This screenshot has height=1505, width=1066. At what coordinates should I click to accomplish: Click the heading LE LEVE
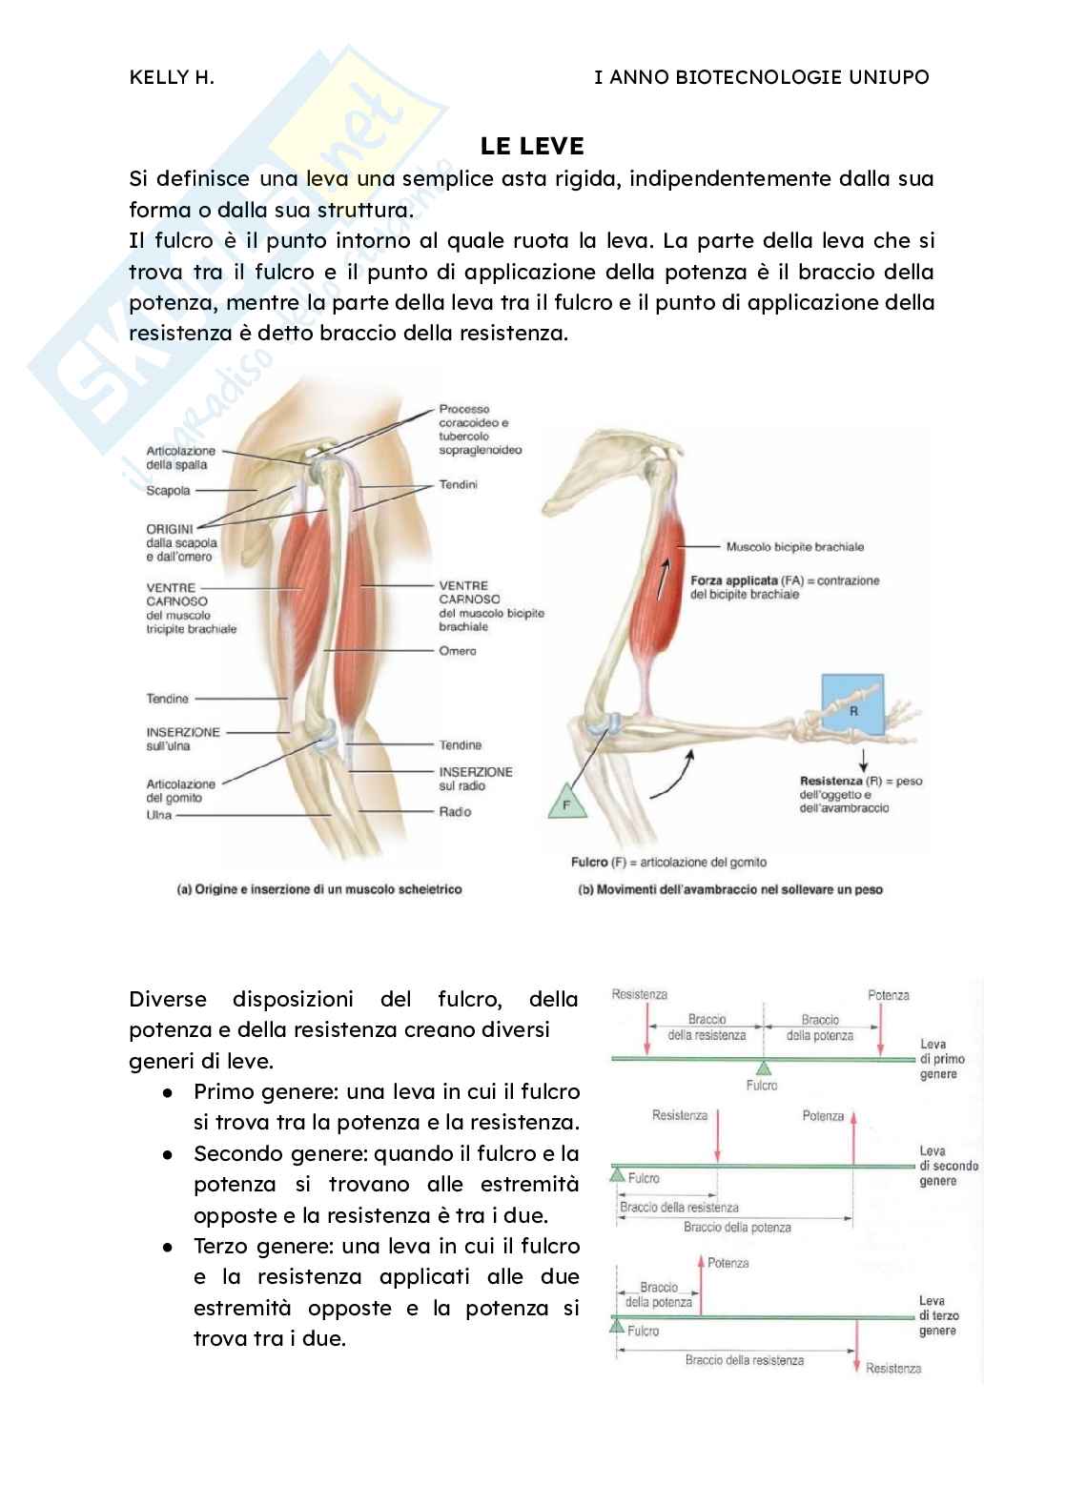(x=532, y=146)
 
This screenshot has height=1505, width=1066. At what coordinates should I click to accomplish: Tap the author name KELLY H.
(x=172, y=77)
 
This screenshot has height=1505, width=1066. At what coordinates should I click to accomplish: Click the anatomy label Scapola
(x=168, y=491)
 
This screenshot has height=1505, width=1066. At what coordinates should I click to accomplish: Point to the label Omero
(x=458, y=651)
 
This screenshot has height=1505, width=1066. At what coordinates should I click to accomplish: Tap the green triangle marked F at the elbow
(x=566, y=802)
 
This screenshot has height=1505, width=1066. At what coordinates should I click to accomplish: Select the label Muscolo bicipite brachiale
(x=794, y=547)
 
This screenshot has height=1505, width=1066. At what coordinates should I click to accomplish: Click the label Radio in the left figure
(x=455, y=812)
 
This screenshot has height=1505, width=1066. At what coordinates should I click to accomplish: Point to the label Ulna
(x=159, y=815)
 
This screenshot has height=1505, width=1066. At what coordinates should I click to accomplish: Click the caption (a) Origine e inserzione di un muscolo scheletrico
(x=319, y=889)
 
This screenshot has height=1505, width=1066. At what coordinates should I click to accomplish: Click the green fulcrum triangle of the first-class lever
(x=763, y=1068)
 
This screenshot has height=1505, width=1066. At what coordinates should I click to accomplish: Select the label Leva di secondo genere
(x=948, y=1166)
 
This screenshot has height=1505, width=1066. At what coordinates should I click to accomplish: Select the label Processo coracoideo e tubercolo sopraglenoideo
(x=480, y=429)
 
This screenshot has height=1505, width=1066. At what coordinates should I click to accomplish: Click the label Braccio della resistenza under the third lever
(x=744, y=1360)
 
